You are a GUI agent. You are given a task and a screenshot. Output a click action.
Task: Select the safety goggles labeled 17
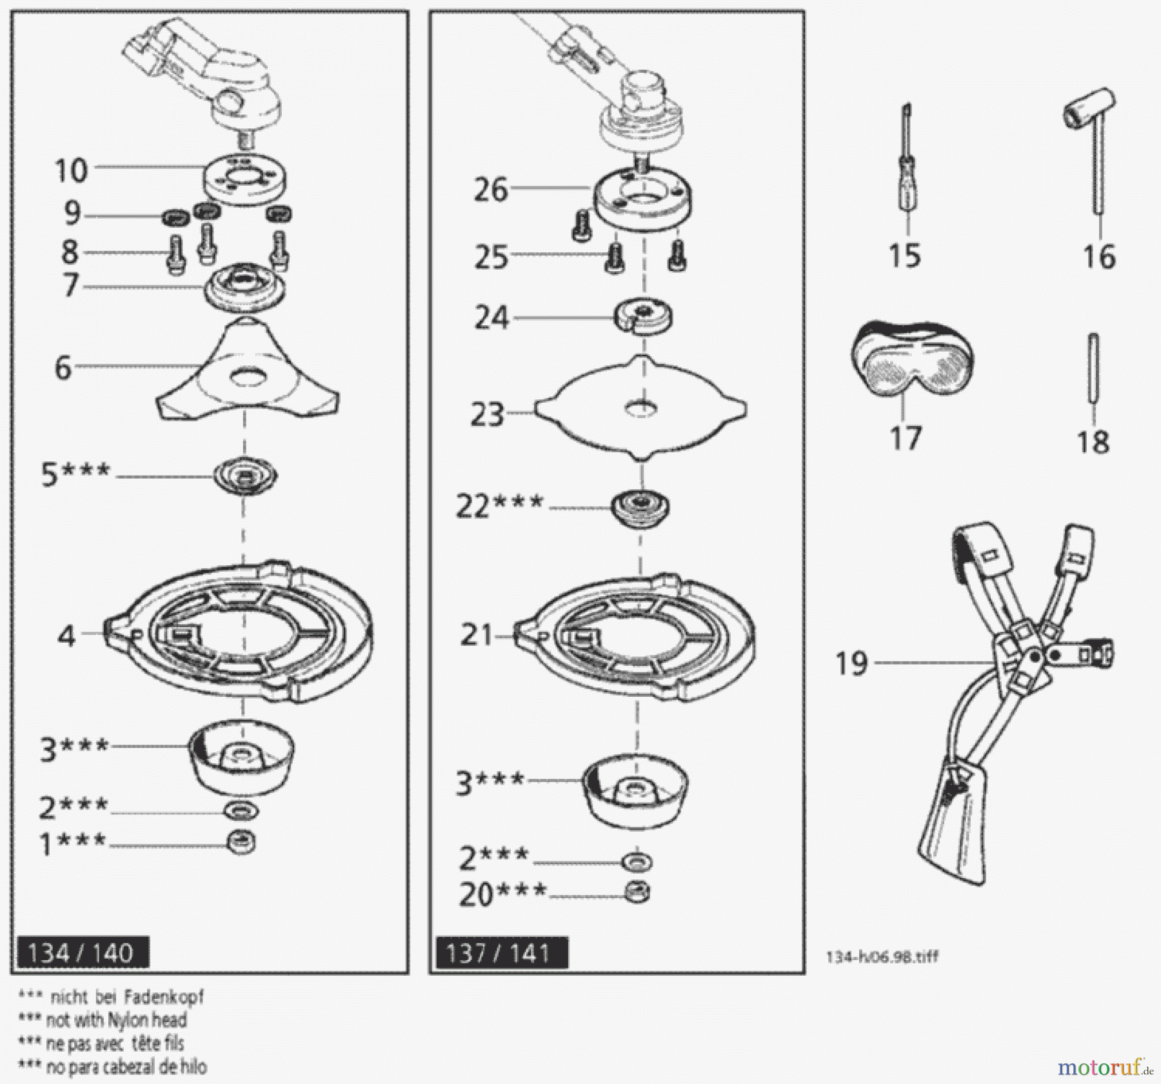coord(911,365)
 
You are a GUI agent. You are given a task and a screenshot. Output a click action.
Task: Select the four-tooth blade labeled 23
coord(640,408)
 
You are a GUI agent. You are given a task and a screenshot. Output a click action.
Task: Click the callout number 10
coord(71,171)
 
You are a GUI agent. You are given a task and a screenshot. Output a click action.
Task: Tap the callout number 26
coord(491,190)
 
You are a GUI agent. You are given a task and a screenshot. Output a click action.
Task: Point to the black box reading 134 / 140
coord(81,953)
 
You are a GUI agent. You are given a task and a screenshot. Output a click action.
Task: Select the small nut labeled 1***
coord(242,841)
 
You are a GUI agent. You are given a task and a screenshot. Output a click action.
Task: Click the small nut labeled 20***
coord(638,892)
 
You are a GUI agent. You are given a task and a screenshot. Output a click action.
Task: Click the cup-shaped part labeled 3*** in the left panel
coord(242,758)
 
